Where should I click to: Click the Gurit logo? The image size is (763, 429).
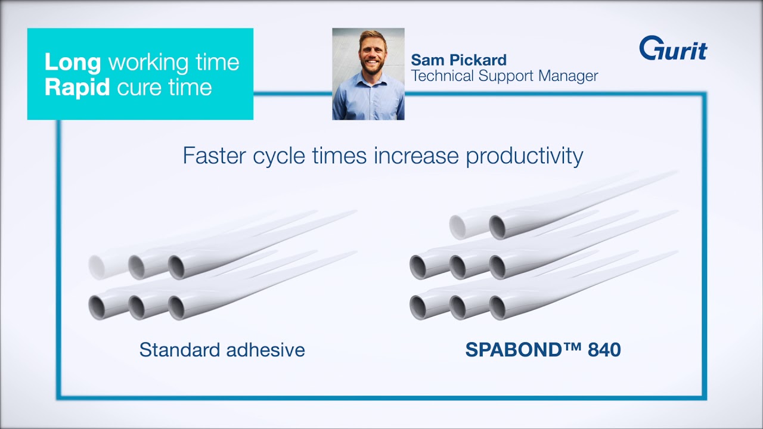[673, 48]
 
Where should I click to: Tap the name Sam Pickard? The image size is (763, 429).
[458, 60]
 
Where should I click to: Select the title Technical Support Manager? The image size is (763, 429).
[504, 76]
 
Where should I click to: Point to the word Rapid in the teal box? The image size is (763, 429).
[77, 88]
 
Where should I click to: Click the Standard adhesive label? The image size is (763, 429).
[222, 349]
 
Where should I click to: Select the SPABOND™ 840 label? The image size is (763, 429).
[542, 349]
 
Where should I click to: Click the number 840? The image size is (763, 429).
[604, 349]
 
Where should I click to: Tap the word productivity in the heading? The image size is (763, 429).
[524, 156]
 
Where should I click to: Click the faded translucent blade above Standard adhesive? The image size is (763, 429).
[98, 267]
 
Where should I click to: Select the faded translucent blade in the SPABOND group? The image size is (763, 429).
[458, 227]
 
